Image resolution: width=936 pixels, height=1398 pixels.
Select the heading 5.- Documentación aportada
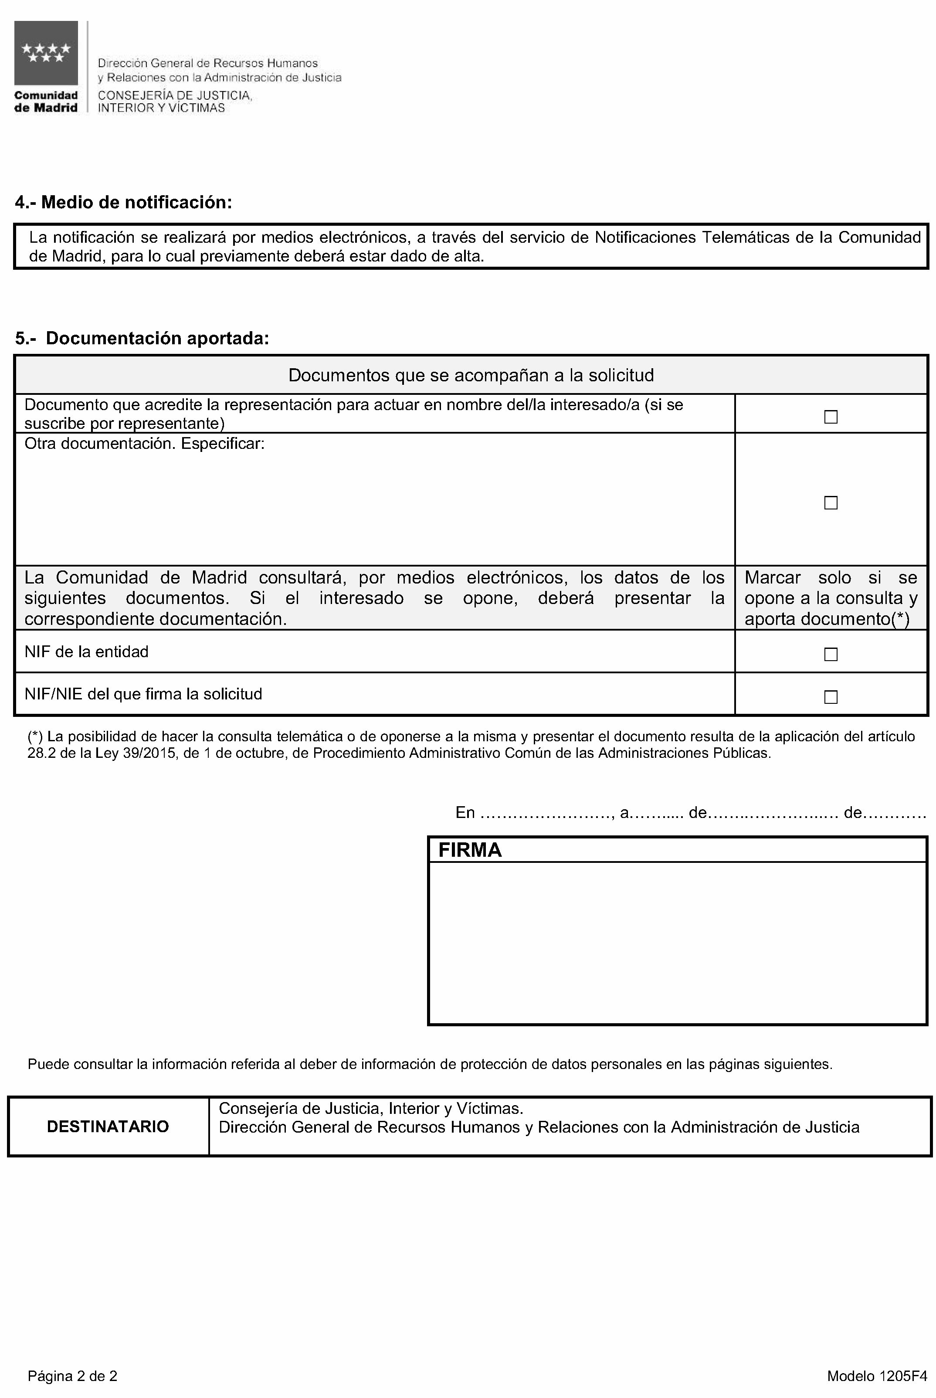point(142,339)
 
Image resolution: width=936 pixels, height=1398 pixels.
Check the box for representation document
point(831,417)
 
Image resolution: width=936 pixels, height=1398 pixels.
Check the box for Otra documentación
point(831,502)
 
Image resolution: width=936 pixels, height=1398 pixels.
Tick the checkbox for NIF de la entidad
point(831,654)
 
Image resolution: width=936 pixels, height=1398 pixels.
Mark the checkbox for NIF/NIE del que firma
point(831,697)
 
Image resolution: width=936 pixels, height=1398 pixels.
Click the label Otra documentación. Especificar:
point(144,444)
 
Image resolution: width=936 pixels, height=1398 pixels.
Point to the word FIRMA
point(470,850)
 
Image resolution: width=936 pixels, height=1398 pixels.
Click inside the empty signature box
point(678,943)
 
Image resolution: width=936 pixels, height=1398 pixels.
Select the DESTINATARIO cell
point(108,1127)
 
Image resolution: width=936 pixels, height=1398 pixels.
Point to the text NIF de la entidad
point(87,652)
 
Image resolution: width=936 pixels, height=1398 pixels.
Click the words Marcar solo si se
point(831,578)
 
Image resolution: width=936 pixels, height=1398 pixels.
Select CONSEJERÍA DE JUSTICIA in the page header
point(174,95)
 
